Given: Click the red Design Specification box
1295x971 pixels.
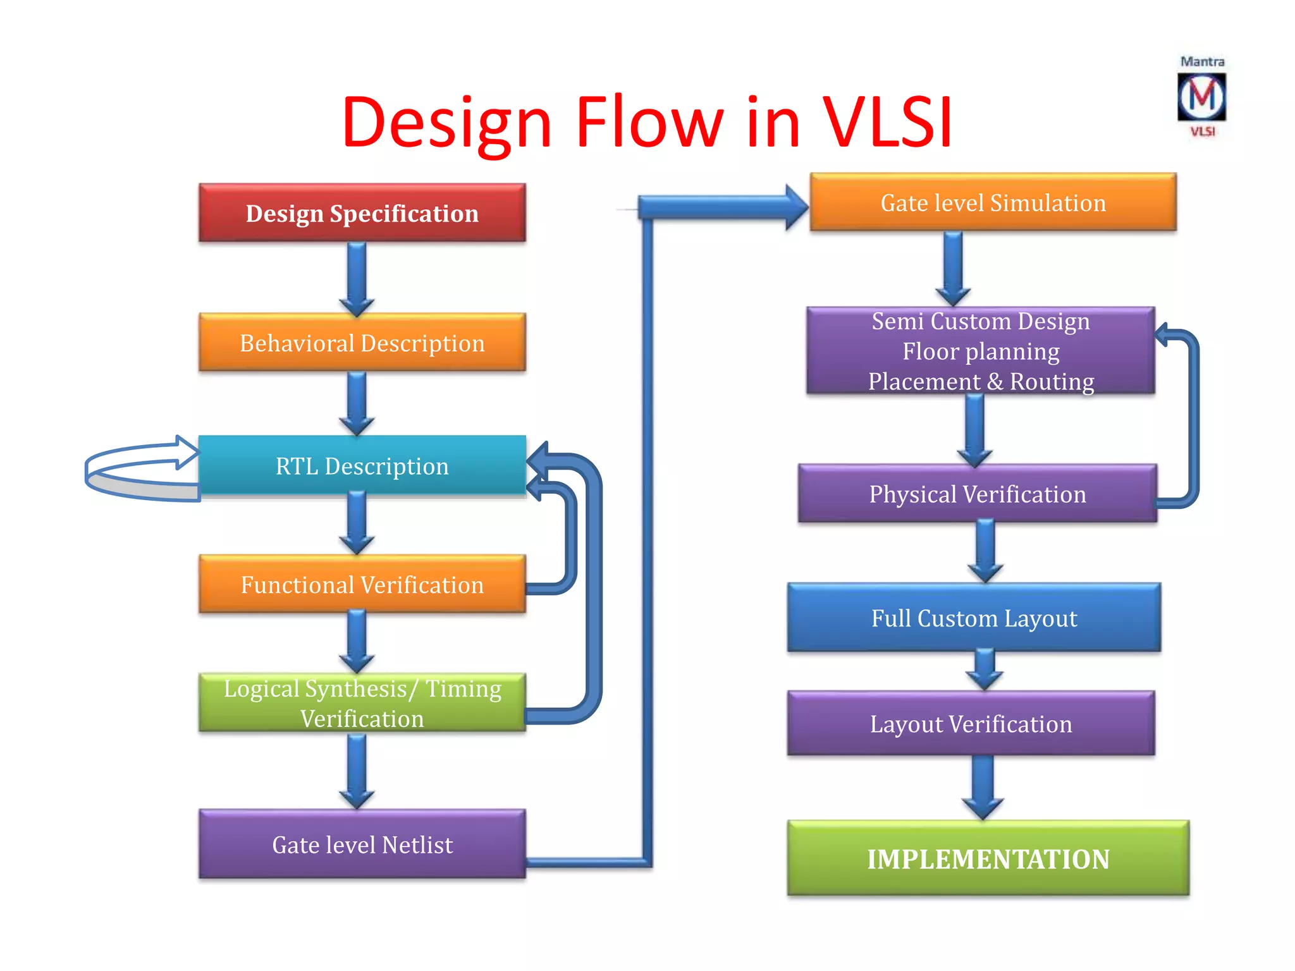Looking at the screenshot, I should click(x=362, y=213).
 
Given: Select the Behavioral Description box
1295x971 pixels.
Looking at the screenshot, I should click(x=362, y=343).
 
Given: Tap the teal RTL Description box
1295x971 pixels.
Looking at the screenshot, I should click(x=362, y=465).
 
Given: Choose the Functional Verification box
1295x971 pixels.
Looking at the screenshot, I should click(x=362, y=584).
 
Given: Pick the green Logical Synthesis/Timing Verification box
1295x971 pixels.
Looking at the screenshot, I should click(x=362, y=703).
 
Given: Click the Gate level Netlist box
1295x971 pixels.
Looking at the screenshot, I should click(x=362, y=845).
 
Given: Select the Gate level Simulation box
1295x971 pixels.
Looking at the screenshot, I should click(x=993, y=202).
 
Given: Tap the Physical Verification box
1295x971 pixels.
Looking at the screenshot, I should click(x=977, y=494).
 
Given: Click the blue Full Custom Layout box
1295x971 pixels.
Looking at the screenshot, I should click(x=974, y=618).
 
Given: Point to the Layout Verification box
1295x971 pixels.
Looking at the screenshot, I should click(x=971, y=723).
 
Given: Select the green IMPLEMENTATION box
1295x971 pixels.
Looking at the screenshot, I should click(x=988, y=858).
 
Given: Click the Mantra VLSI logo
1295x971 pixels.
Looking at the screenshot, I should click(x=1201, y=97).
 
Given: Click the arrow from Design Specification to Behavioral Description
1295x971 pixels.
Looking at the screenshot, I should click(x=357, y=278).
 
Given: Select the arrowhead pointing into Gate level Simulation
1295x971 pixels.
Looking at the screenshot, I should click(x=795, y=207).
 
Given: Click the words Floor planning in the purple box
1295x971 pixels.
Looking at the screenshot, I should click(x=980, y=351).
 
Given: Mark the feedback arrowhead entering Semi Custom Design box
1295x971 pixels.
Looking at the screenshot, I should click(x=1162, y=334).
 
